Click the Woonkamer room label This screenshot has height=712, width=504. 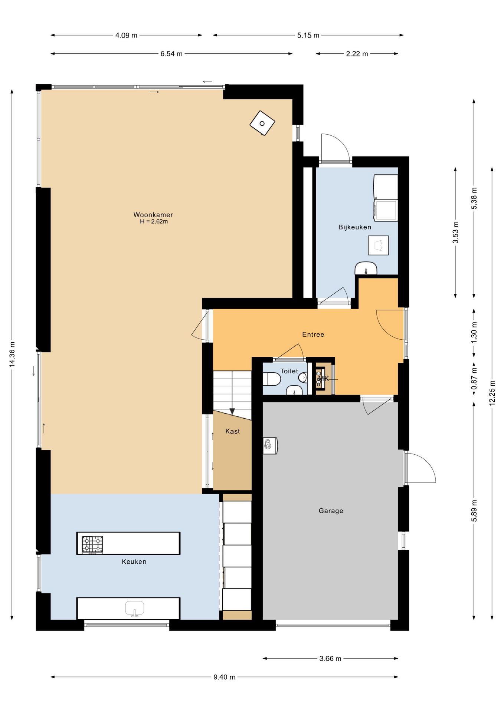[153, 215]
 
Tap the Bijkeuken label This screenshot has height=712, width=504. [354, 227]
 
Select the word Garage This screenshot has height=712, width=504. [331, 511]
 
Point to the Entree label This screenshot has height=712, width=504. [313, 334]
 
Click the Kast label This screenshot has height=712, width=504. [232, 431]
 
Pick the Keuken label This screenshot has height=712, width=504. [134, 562]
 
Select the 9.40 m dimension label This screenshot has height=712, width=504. [224, 677]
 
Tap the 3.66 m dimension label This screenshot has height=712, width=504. [330, 659]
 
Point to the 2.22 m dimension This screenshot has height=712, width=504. [357, 54]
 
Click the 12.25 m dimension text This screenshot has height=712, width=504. [492, 393]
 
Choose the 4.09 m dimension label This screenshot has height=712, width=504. [126, 35]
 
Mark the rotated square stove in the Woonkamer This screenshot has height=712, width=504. [262, 123]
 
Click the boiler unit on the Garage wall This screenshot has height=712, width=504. [270, 446]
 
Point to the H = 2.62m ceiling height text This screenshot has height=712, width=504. [154, 222]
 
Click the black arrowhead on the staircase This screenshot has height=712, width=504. [232, 412]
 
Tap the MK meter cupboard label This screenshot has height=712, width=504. [324, 379]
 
